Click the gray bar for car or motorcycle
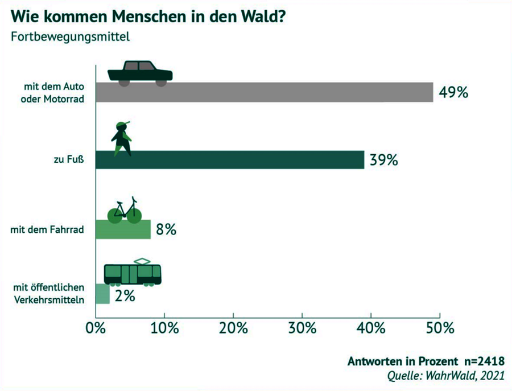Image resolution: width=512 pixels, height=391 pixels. point(264,92)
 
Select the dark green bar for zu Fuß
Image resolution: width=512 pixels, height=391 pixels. point(229,160)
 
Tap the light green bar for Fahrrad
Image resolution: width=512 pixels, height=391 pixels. point(123,229)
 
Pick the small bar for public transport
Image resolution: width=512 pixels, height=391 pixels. point(102,294)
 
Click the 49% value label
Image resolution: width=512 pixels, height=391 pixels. point(453,92)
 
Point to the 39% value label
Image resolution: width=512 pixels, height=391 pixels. point(383,160)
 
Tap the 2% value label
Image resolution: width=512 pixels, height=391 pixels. point(125,295)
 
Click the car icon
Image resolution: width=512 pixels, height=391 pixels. point(140,73)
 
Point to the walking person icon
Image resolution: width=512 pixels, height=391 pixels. point(122,138)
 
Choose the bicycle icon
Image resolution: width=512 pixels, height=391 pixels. point(125,211)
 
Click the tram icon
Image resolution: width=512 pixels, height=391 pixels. point(133,272)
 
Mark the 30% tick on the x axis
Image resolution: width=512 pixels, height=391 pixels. point(302,328)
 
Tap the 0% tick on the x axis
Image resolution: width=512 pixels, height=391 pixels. point(96,328)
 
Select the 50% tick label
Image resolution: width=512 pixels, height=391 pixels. point(440,328)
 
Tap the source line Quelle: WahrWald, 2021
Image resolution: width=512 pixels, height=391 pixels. point(445,376)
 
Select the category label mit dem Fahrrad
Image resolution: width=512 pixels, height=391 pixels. point(48,230)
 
